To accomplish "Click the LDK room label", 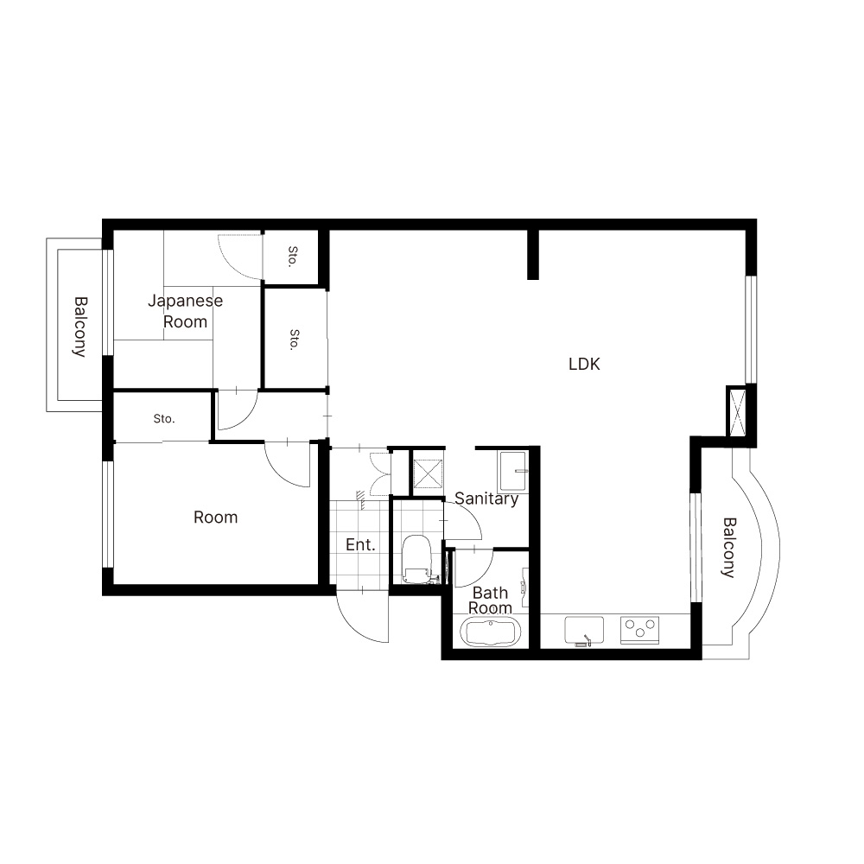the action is [584, 365].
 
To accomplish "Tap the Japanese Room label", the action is [185, 311].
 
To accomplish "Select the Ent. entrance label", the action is [360, 545].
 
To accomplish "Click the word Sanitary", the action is [486, 499].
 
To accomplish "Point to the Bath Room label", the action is [490, 600].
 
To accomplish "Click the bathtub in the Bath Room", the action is [490, 632].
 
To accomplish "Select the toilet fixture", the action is [416, 559].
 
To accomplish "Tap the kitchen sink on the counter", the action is [584, 631].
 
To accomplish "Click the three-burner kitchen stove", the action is [639, 630].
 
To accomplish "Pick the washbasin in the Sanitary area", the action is [513, 472].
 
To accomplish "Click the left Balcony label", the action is [80, 327].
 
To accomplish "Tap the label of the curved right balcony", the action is [728, 547].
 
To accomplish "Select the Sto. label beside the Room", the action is [164, 419].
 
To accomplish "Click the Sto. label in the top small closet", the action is [293, 257].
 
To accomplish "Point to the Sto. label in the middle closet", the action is [295, 340].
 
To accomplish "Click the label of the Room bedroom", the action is [215, 518].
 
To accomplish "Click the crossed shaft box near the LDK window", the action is [737, 411].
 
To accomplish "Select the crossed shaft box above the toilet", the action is [428, 473].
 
